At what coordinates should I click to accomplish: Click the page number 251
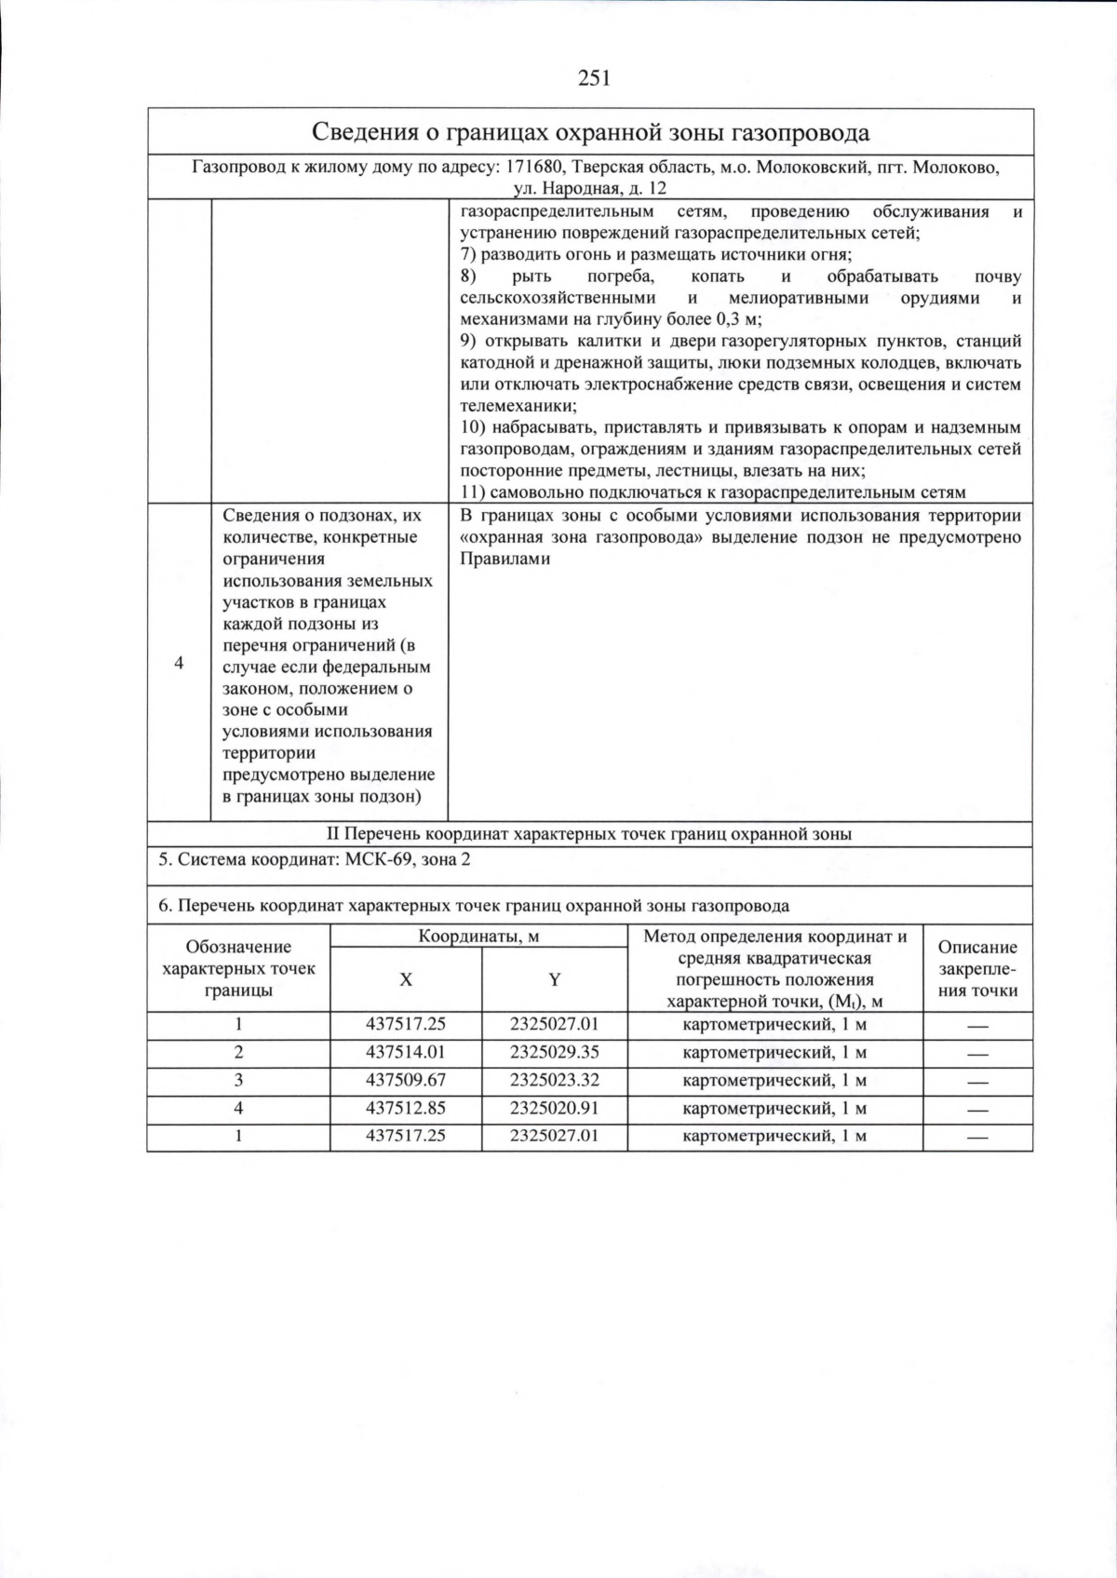tap(595, 78)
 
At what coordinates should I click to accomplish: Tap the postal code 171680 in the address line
tap(534, 168)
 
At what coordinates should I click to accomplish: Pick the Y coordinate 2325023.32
tap(554, 1080)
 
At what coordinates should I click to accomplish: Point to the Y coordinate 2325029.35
tap(554, 1052)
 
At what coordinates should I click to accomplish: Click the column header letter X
tap(406, 979)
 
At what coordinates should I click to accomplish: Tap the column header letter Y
tap(554, 979)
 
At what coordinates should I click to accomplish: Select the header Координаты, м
tap(478, 937)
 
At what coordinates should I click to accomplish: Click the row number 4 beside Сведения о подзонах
tap(179, 663)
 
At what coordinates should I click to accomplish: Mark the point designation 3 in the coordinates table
tap(238, 1080)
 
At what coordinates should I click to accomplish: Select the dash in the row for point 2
tap(976, 1054)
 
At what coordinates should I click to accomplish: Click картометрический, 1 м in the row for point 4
tap(774, 1108)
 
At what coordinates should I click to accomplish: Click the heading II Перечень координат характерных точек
tap(589, 834)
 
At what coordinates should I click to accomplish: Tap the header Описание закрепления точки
tap(977, 968)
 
